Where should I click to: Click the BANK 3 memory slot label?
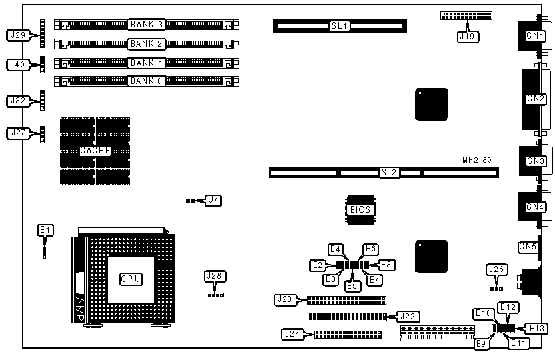coord(147,25)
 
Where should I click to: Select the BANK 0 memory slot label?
coord(147,81)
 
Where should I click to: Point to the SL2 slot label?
coord(389,173)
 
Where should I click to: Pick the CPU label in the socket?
coord(131,279)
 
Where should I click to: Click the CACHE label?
coord(95,151)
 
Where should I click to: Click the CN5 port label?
coord(528,247)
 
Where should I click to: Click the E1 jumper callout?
coord(45,230)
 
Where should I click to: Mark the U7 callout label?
coord(212,199)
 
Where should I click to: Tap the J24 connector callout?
coord(292,333)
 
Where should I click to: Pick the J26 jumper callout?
coord(495,270)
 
